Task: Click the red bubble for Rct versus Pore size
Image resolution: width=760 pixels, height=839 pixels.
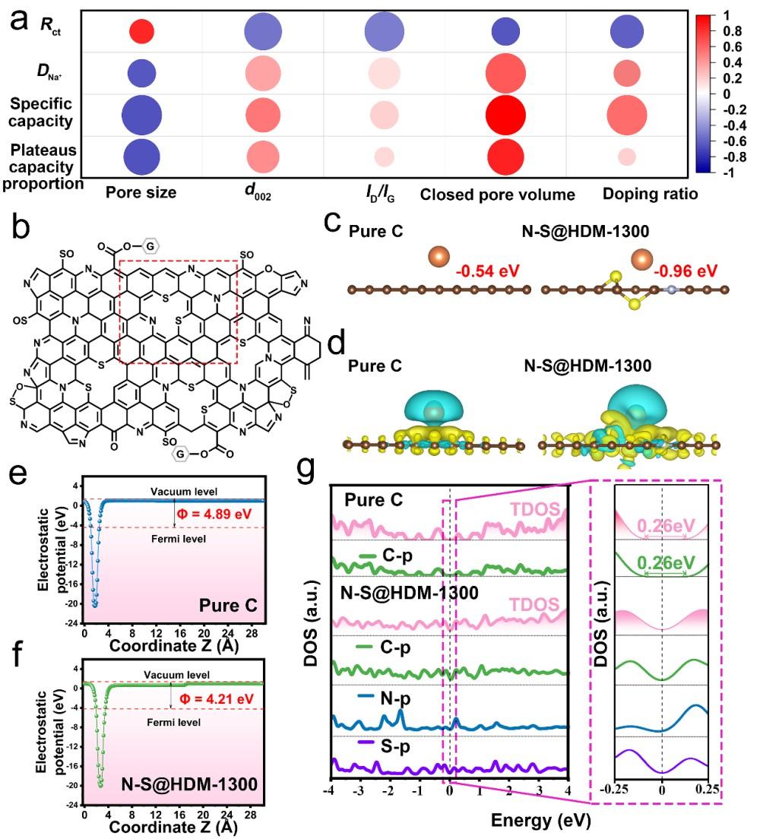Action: pyautogui.click(x=141, y=31)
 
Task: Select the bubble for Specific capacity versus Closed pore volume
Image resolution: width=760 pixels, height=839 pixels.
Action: pyautogui.click(x=505, y=114)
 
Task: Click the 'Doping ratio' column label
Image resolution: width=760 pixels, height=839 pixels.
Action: pyautogui.click(x=650, y=194)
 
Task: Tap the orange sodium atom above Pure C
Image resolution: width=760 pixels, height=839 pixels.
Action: pyautogui.click(x=438, y=257)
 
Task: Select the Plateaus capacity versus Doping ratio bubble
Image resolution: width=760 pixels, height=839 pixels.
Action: pyautogui.click(x=648, y=156)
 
